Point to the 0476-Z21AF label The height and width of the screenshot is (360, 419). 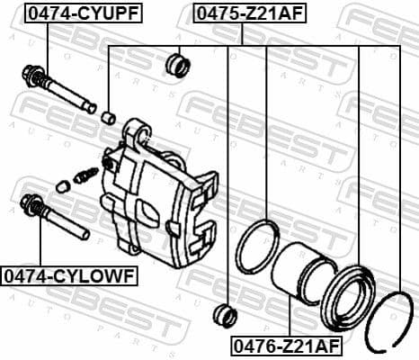point(287,345)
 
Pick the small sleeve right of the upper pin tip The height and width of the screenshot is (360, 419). point(108,116)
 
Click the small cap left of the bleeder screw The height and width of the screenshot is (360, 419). point(62,186)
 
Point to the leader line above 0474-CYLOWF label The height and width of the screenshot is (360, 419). point(40,243)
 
